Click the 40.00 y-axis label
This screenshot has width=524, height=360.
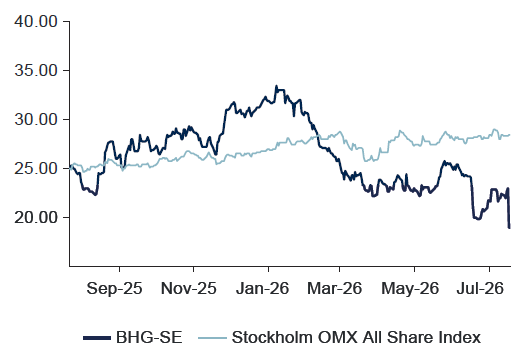pyautogui.click(x=36, y=22)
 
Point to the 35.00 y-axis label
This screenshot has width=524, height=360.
pyautogui.click(x=36, y=71)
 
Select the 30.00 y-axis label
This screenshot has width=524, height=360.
pyautogui.click(x=36, y=119)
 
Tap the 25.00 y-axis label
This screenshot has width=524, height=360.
pyautogui.click(x=36, y=168)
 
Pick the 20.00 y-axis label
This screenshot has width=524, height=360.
pyautogui.click(x=36, y=217)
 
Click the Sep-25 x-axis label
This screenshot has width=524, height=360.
pyautogui.click(x=114, y=288)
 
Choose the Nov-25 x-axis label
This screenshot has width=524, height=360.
pyautogui.click(x=189, y=288)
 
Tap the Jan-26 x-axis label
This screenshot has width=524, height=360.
pyautogui.click(x=262, y=288)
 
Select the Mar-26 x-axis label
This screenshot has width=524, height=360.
pyautogui.click(x=334, y=288)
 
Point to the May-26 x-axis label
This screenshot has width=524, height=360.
pyautogui.click(x=410, y=288)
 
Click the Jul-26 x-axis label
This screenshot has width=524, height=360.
pyautogui.click(x=480, y=288)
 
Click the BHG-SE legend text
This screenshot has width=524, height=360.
pyautogui.click(x=149, y=337)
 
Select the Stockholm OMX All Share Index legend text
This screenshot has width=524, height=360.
pyautogui.click(x=356, y=337)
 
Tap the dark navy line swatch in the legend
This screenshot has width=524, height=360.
pyautogui.click(x=97, y=338)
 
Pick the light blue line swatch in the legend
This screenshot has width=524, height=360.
pyautogui.click(x=212, y=338)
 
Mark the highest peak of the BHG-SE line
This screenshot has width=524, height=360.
pyautogui.click(x=276, y=86)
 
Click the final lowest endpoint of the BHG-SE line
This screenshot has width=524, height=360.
pyautogui.click(x=509, y=228)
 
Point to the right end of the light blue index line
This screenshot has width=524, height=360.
pyautogui.click(x=510, y=135)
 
